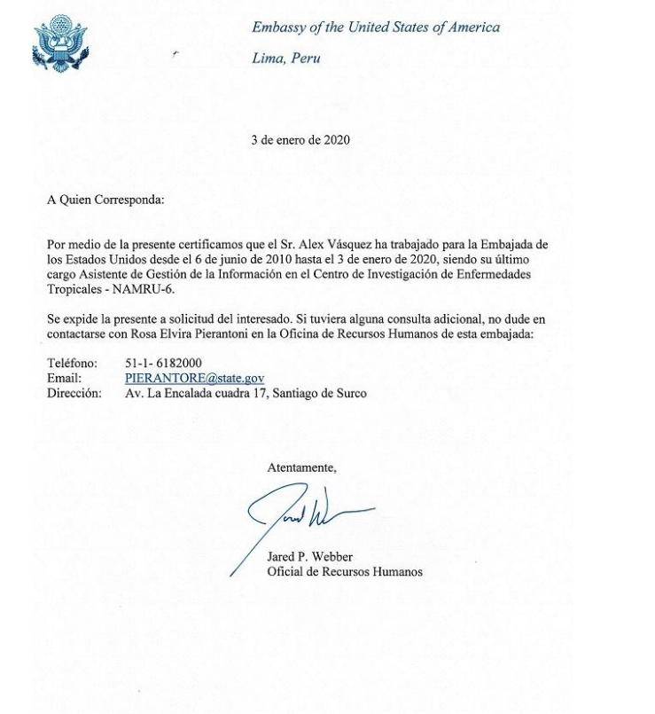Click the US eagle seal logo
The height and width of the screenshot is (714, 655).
60,43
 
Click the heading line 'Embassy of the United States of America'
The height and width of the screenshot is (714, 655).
375,27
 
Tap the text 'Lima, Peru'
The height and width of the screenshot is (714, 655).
285,59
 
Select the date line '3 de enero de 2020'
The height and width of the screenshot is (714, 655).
300,140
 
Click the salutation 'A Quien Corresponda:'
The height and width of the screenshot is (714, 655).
105,200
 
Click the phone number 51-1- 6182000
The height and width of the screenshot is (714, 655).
163,364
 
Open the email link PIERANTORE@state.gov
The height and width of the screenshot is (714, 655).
194,379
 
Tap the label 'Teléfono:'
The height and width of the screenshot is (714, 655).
72,364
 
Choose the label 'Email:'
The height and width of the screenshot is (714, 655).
64,379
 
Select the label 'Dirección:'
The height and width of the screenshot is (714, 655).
74,393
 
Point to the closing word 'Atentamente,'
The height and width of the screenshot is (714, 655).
301,467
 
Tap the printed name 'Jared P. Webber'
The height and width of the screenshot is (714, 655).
309,557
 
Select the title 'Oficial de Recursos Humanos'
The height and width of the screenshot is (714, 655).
344,572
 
